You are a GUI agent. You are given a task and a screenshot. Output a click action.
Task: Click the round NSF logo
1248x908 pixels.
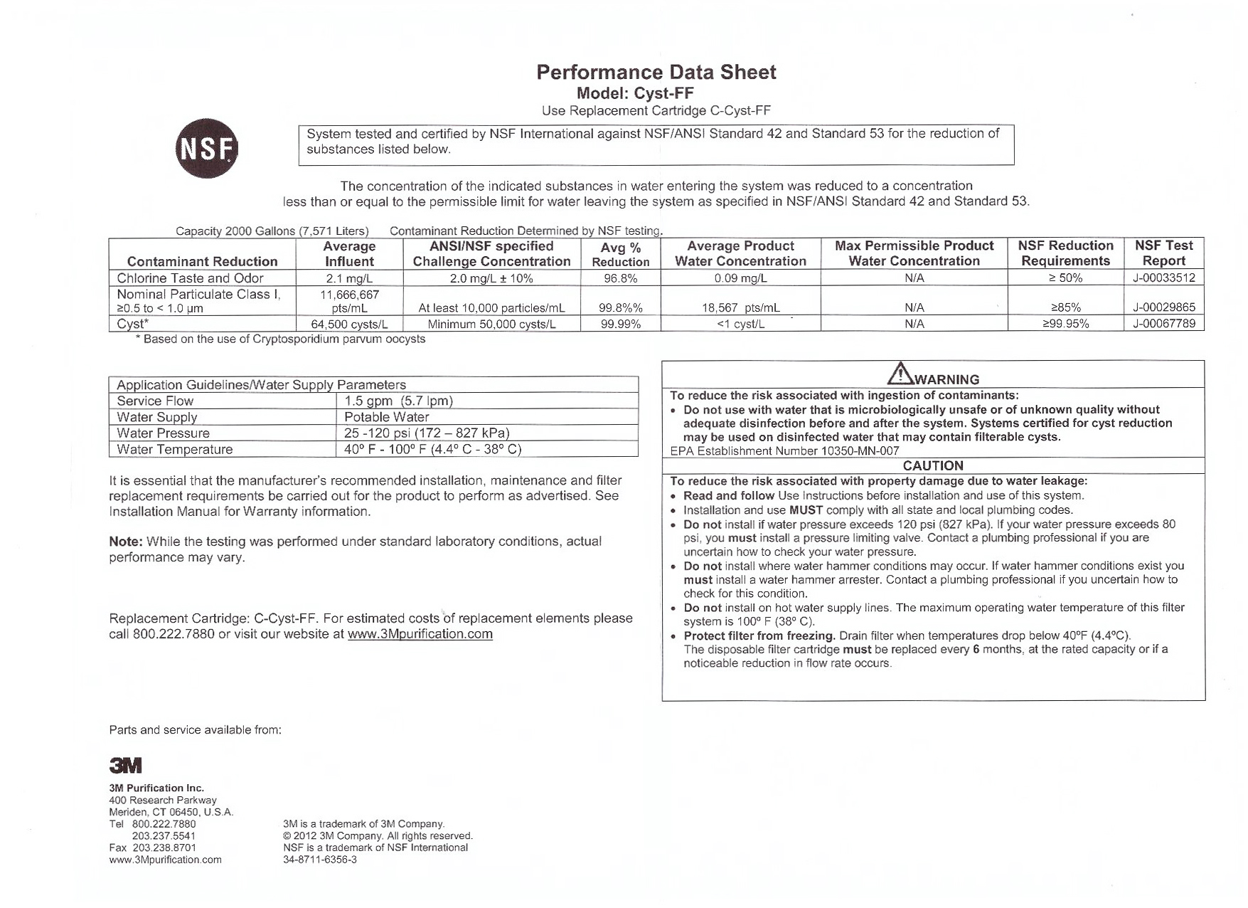[x=206, y=148]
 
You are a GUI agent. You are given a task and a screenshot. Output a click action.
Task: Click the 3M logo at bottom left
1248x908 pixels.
[x=126, y=765]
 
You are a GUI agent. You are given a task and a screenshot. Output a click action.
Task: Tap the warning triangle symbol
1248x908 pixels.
[x=900, y=373]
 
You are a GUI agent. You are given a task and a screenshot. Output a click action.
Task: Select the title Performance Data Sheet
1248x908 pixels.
[x=656, y=72]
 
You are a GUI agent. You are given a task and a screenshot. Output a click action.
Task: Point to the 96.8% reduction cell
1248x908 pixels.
[x=620, y=278]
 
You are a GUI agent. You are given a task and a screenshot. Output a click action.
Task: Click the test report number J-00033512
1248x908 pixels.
[x=1163, y=278]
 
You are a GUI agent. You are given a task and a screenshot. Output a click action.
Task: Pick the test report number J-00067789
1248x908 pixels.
[x=1163, y=324]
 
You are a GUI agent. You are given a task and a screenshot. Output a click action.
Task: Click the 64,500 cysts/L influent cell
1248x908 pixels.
[x=349, y=324]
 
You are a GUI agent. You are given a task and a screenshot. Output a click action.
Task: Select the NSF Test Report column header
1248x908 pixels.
[x=1163, y=253]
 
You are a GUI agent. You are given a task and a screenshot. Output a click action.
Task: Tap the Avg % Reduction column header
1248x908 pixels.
[x=620, y=254]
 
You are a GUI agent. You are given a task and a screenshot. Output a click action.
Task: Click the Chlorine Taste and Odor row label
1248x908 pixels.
[x=190, y=278]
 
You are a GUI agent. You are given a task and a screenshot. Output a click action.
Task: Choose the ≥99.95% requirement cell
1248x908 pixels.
[x=1065, y=324]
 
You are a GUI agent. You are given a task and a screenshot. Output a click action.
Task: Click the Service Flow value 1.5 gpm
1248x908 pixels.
[x=398, y=401]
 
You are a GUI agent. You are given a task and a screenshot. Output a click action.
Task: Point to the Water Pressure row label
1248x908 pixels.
[x=164, y=433]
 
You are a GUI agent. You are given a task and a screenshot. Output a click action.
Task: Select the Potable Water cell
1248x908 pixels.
[x=386, y=417]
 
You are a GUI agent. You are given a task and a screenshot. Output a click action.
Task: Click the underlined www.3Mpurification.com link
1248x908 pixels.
[x=420, y=634]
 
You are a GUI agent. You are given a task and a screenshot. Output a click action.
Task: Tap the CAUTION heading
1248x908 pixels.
[x=933, y=465]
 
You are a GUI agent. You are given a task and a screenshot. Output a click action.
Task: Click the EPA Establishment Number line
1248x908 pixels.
[x=784, y=450]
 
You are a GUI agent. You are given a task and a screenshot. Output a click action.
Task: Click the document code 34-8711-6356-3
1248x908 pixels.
[x=320, y=860]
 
